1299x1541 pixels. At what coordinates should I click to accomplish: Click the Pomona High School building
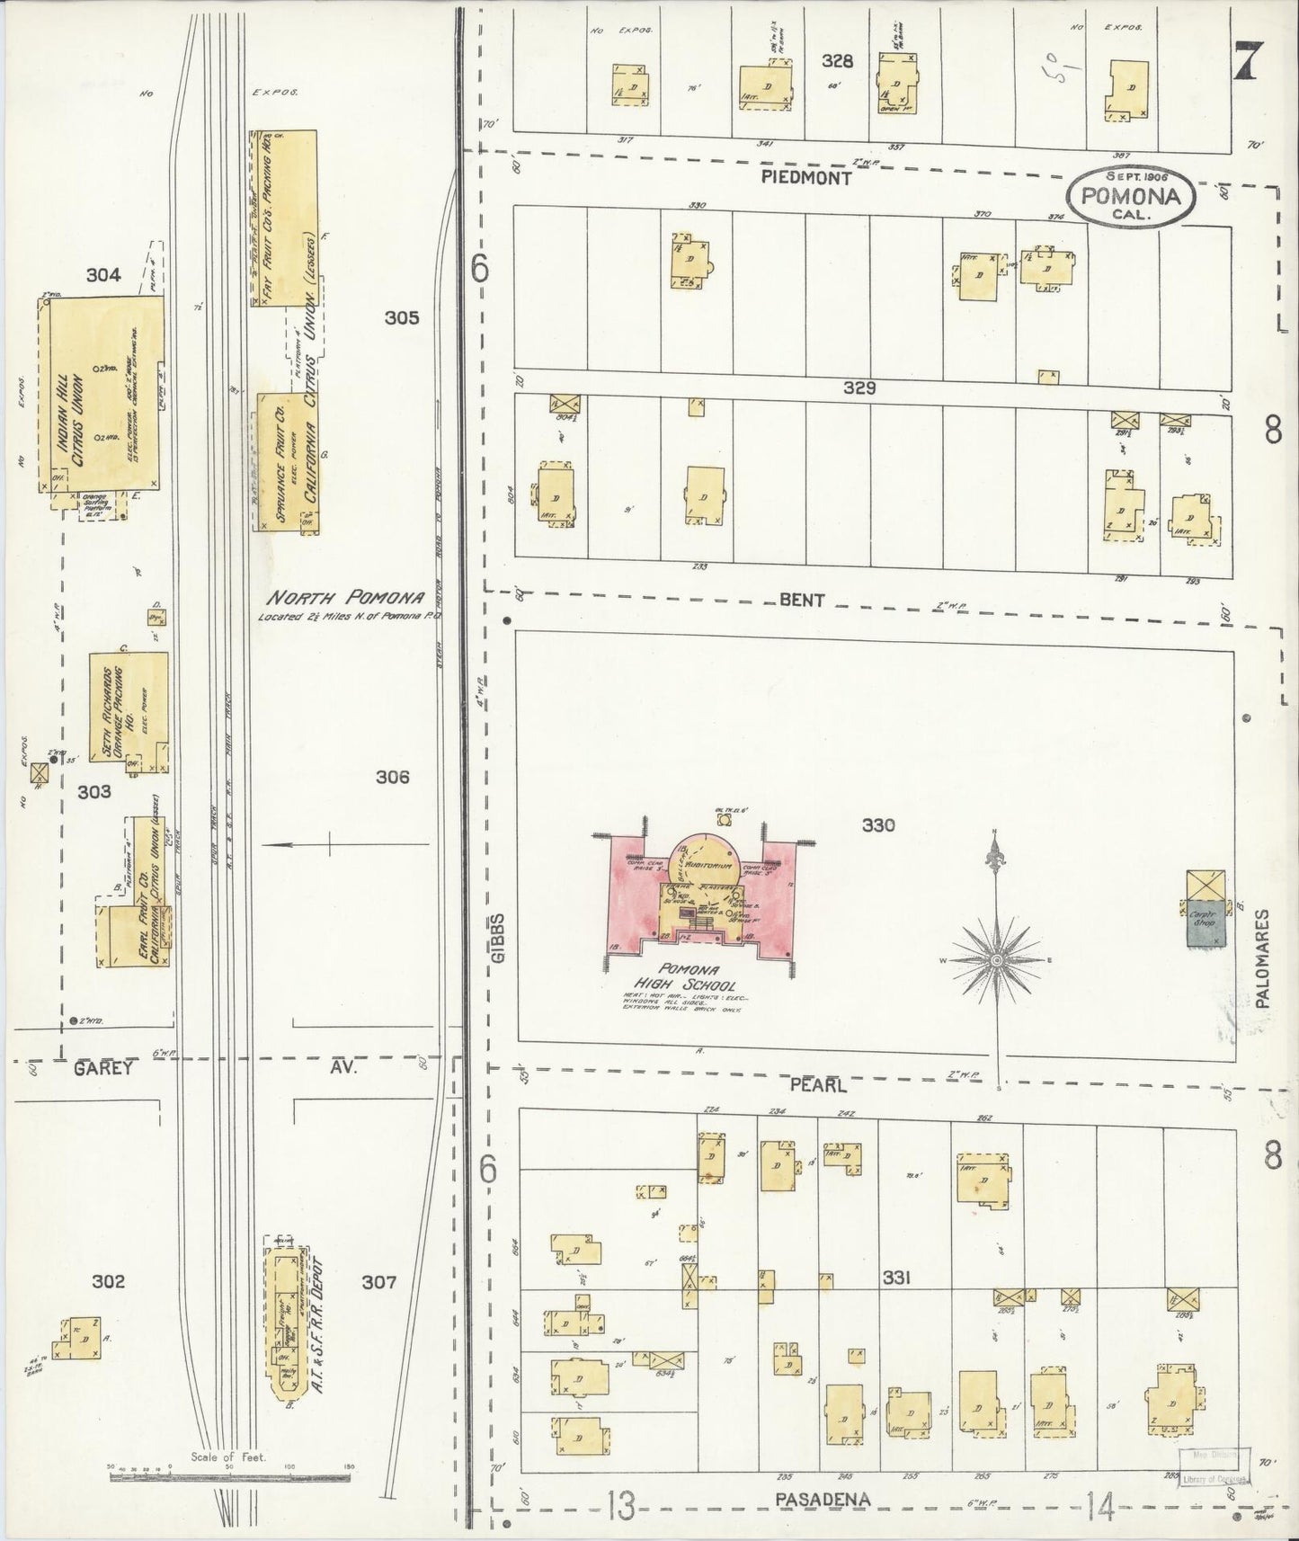click(x=701, y=899)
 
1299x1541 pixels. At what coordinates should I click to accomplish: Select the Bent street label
click(x=802, y=600)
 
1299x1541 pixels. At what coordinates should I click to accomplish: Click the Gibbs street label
click(x=500, y=939)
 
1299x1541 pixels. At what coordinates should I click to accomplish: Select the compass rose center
click(x=996, y=961)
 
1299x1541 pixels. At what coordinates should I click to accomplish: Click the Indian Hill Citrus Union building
click(x=103, y=396)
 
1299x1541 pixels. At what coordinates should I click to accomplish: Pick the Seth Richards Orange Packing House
click(x=128, y=710)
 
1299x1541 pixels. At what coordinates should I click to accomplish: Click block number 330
click(x=877, y=824)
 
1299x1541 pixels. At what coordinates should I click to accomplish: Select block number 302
click(x=109, y=1281)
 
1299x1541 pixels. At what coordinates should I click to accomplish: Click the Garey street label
click(x=103, y=1068)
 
